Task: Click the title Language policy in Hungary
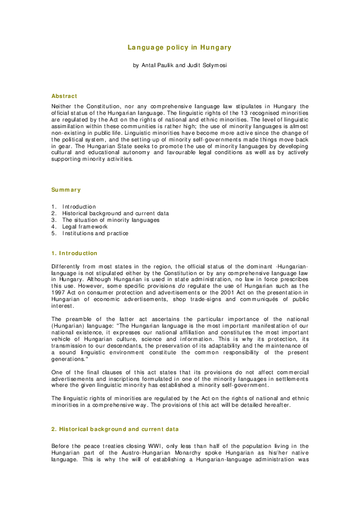pos(180,47)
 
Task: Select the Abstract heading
pos(64,96)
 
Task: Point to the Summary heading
pos(66,190)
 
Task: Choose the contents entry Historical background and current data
pos(116,213)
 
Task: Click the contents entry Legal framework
pos(85,227)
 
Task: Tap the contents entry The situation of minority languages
pos(111,220)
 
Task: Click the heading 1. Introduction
pos(74,253)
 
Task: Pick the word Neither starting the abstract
pos(64,105)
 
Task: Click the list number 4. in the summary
pos(54,227)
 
